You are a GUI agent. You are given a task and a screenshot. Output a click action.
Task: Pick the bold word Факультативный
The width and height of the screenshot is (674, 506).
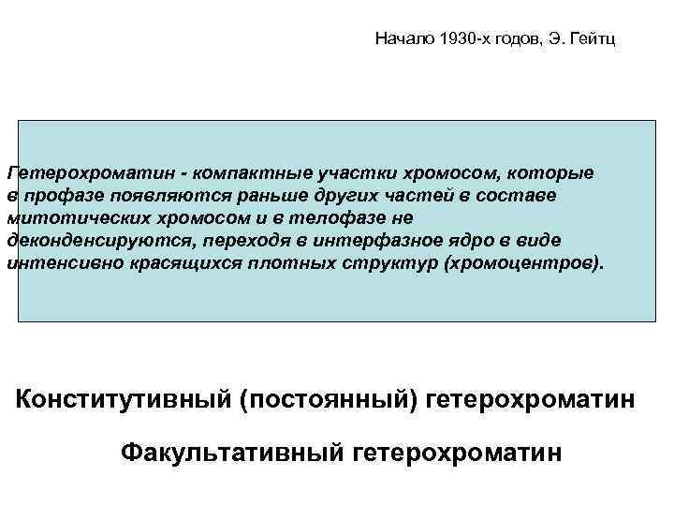[x=231, y=454]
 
